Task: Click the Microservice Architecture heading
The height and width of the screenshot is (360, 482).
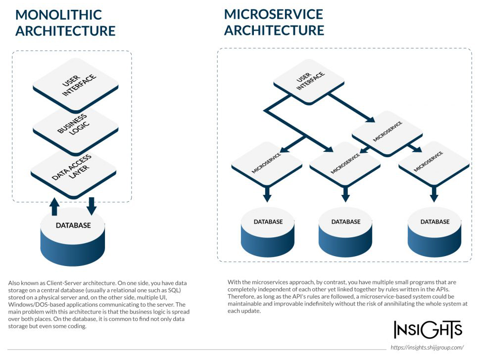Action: (274, 22)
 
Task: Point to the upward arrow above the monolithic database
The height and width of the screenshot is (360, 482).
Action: (55, 206)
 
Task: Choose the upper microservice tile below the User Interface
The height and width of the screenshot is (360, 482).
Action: (387, 132)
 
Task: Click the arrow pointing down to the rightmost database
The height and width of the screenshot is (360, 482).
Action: (434, 194)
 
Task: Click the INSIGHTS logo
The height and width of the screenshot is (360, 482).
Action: (428, 329)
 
